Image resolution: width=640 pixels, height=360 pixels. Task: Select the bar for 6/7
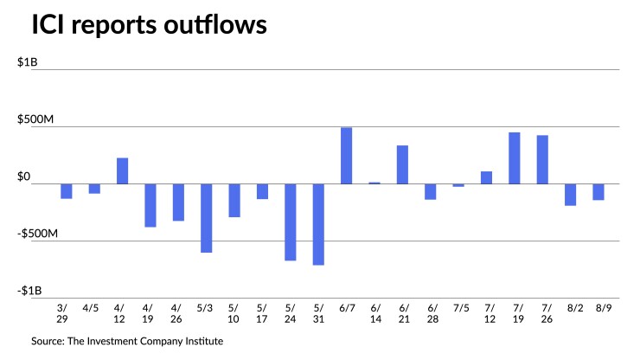pos(346,156)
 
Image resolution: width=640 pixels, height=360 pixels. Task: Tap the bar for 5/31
pos(318,224)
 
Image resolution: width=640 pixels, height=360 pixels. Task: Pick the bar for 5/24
pos(291,222)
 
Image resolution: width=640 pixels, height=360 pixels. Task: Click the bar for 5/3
pos(207,218)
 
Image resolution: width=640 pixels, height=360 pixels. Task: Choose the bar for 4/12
pos(123,170)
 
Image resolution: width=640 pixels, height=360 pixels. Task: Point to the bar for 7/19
pos(515,157)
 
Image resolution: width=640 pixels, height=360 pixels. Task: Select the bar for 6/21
pos(402,164)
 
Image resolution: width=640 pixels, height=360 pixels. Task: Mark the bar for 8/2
pos(571,195)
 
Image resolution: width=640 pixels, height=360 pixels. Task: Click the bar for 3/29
pos(67,191)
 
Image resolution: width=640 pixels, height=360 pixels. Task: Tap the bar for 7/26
pos(542,159)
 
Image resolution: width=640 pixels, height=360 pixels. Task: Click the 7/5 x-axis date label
pos(458,307)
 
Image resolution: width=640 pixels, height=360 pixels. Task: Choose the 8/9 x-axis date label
pos(598,307)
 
